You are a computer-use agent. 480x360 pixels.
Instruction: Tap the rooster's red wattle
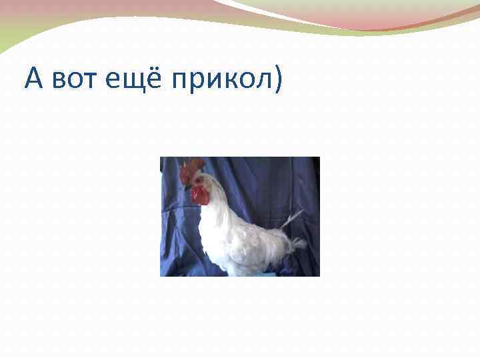coord(198,195)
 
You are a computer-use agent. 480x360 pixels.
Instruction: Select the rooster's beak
coord(186,187)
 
